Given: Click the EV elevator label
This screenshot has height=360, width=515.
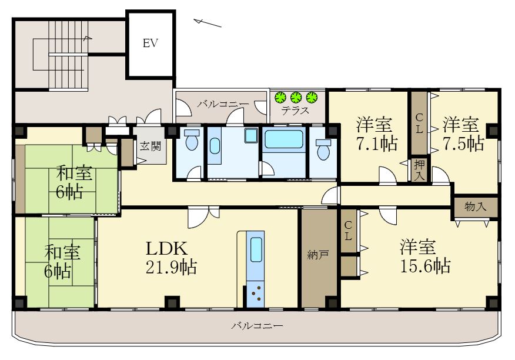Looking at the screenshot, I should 151,43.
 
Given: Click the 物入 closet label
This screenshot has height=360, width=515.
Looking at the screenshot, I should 475,206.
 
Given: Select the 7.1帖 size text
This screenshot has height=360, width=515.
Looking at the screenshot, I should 376,143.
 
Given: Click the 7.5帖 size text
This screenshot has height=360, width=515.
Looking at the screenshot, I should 463,143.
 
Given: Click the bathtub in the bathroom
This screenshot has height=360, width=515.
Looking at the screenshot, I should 284,141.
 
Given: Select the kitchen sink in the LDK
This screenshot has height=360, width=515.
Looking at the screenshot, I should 256,251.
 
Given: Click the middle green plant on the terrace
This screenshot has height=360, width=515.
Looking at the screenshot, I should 296,96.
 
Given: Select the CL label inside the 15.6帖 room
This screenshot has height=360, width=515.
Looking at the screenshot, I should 348,231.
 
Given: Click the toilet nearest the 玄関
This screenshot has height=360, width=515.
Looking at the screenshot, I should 191,142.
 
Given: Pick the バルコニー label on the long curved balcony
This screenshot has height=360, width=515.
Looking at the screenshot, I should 257,325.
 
